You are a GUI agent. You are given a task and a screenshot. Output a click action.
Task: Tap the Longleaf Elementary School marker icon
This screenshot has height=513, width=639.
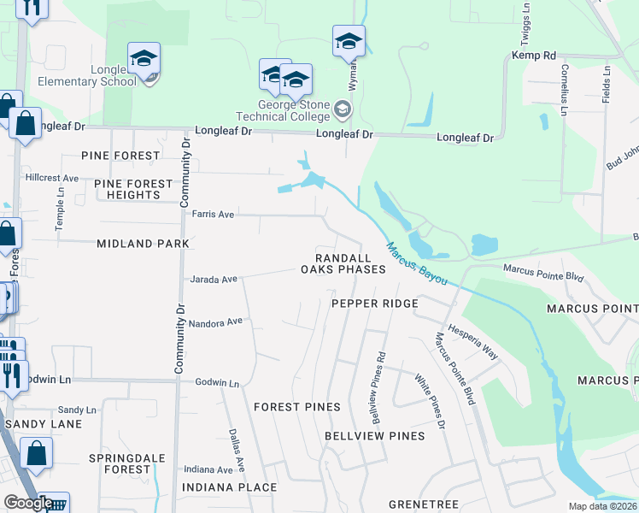coord(144,59)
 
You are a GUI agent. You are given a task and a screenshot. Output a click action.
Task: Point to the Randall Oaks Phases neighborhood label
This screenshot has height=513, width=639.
coord(343,263)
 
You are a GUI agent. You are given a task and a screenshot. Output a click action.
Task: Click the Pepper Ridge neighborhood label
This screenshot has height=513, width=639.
coord(375,304)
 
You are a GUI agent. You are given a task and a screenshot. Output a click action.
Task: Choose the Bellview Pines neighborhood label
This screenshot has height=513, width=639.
coord(374,436)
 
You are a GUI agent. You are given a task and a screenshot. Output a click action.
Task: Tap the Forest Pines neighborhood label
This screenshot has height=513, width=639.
coord(296,407)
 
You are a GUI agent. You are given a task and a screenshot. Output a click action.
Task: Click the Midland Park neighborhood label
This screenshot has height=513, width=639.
coord(143,244)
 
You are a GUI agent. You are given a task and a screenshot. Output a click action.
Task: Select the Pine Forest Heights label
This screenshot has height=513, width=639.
coord(127,189)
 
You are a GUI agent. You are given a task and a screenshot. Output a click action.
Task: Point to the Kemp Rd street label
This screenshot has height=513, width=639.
coord(534,56)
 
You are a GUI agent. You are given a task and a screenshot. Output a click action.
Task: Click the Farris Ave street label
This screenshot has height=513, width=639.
coord(213,215)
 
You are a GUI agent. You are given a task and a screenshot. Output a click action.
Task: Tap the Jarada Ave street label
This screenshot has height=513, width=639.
coord(214,280)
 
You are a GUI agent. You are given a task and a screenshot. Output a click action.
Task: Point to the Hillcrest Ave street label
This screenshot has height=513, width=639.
coord(52,179)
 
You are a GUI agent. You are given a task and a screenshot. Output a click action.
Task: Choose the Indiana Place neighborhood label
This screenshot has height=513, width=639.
coord(229,487)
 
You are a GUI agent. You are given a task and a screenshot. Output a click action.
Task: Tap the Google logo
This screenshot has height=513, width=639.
coord(28,503)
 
